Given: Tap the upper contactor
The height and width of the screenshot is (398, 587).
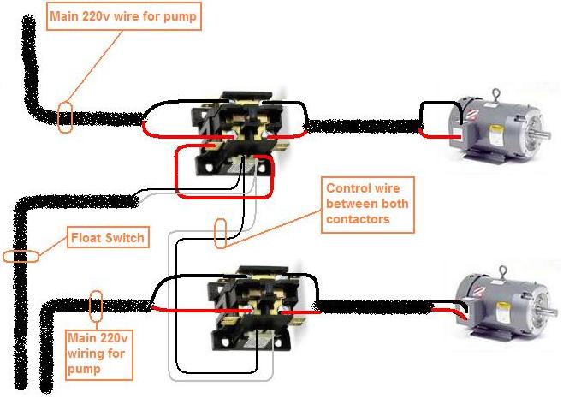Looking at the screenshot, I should [238, 133].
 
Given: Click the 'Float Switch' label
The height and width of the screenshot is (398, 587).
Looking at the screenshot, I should [108, 236].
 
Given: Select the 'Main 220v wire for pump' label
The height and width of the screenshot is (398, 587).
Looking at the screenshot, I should [124, 16].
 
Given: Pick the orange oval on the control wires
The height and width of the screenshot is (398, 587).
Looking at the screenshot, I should [221, 232].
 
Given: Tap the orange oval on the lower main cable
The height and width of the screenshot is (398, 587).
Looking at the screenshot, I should [96, 304].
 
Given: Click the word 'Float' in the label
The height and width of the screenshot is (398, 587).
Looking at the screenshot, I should [86, 236].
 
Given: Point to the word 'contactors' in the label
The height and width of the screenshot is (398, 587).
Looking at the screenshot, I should [358, 219].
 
